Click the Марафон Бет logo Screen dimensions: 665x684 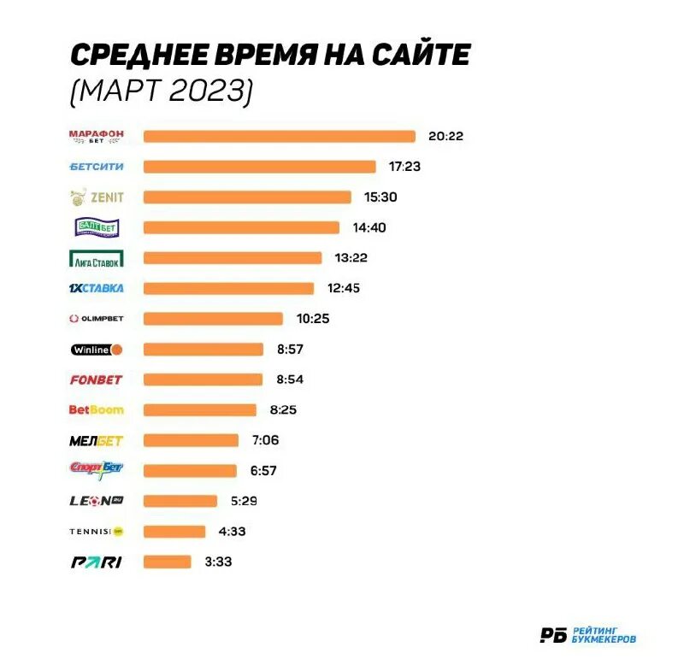coord(96,136)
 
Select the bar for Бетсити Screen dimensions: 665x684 coord(259,167)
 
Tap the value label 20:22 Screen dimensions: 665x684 coord(446,136)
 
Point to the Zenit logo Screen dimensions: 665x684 coord(96,197)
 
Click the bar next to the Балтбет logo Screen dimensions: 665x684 coord(241,227)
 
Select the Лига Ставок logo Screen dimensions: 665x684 coord(96,258)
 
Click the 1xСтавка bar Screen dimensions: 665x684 coord(228,288)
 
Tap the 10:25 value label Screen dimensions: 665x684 coord(313,319)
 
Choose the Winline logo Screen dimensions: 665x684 coord(96,349)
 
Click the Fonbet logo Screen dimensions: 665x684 coord(96,380)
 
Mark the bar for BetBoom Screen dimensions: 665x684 coord(199,409)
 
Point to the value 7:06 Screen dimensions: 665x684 coord(266,440)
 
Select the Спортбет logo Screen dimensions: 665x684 coord(96,469)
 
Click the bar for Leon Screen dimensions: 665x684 coord(180,501)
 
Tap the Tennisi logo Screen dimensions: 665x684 coord(96,532)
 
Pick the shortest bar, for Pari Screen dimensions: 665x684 coord(167,562)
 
